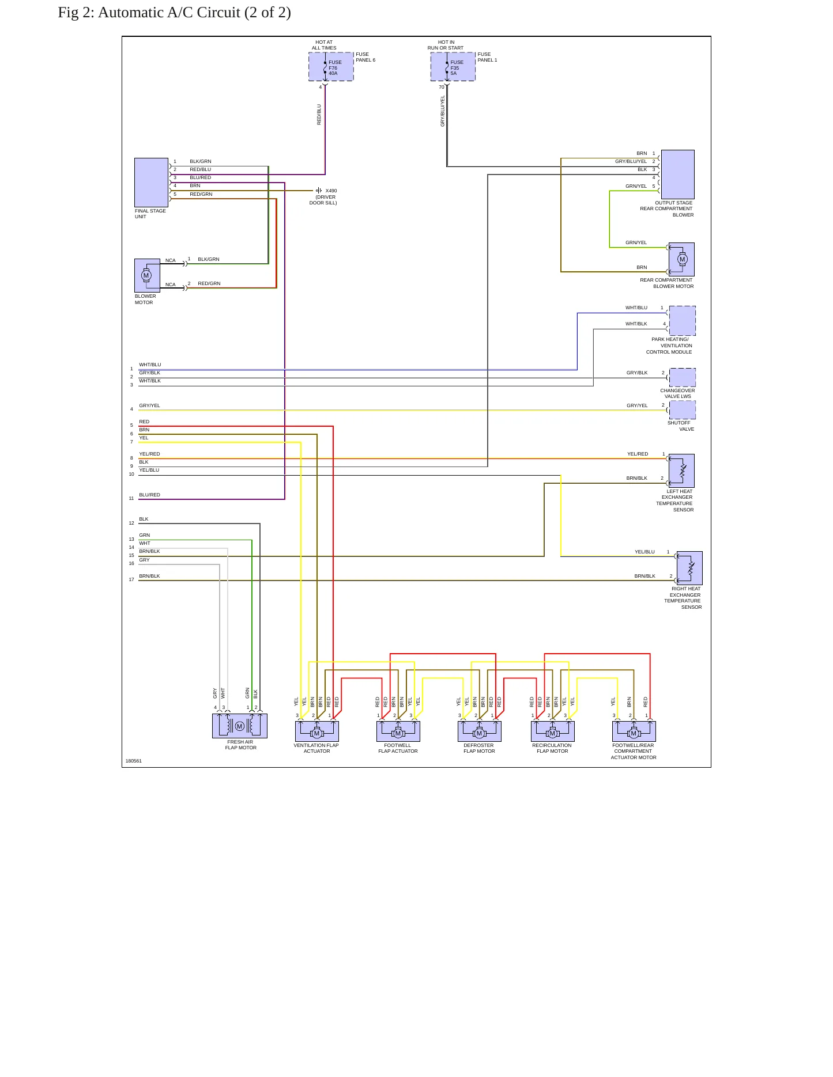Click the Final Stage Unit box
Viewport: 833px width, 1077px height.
coord(151,183)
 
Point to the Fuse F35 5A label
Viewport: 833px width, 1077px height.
coord(457,68)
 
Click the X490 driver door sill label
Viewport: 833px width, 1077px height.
coord(323,197)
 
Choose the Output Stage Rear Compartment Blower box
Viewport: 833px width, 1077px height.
coord(677,175)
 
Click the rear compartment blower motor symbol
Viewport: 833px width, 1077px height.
coord(681,259)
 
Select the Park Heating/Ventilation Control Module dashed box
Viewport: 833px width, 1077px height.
coord(682,321)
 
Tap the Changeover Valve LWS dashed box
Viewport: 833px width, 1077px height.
coord(682,377)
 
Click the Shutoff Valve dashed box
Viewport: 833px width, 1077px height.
coord(682,410)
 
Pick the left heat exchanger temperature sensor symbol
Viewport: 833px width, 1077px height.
coord(681,471)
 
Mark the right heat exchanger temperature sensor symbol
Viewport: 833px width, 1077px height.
coord(689,568)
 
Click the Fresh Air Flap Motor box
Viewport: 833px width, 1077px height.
coord(240,726)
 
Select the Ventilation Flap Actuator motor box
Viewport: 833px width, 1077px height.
coord(316,731)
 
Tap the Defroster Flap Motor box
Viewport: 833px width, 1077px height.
coord(479,731)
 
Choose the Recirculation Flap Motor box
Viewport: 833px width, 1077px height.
coord(552,731)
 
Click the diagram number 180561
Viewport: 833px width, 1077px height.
coord(134,761)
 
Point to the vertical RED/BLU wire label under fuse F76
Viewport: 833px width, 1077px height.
coord(319,115)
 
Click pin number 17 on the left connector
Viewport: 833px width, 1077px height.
coord(131,579)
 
